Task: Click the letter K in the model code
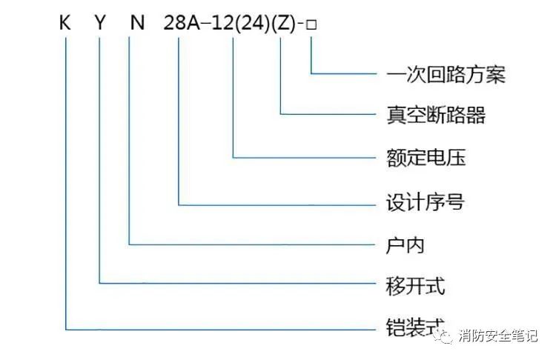(x=66, y=24)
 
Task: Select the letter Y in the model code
(x=100, y=24)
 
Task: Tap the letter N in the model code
(x=135, y=24)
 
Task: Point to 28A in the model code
(x=181, y=24)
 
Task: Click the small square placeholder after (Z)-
(x=312, y=25)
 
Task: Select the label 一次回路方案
(x=446, y=75)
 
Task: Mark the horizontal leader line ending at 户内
(x=252, y=244)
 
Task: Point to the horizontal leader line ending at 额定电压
(x=304, y=158)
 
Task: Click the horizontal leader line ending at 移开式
(x=237, y=283)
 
